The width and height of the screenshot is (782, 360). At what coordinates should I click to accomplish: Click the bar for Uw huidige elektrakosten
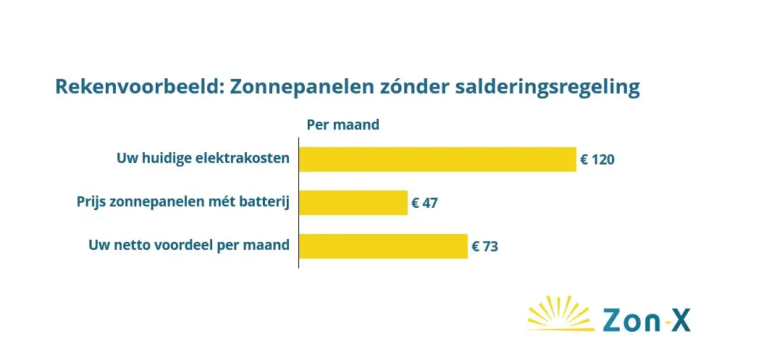tap(437, 159)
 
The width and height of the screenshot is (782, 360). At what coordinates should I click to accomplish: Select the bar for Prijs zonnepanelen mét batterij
tap(353, 203)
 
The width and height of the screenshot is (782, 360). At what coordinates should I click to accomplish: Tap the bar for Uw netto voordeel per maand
tap(383, 246)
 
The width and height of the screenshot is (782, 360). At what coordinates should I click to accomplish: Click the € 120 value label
tap(597, 160)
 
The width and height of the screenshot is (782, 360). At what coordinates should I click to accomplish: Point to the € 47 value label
tap(424, 204)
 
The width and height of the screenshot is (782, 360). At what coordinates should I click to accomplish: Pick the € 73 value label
tap(484, 247)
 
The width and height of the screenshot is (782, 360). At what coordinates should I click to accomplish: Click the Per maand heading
tap(342, 125)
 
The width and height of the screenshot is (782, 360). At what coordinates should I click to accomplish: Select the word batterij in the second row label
tap(268, 203)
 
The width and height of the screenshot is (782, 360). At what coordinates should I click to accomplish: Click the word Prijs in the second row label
tap(91, 203)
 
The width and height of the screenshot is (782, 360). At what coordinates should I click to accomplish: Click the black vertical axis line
tap(299, 203)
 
